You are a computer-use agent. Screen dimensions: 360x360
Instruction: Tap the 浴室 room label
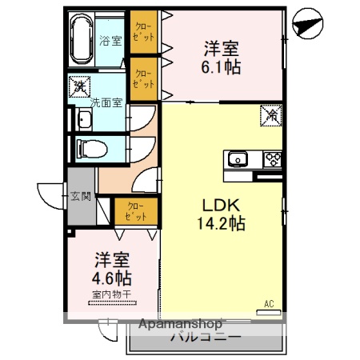coord(110,40)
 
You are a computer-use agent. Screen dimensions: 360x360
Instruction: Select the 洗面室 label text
coord(105,102)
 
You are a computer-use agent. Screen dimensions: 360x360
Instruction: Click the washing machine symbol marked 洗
coord(80,84)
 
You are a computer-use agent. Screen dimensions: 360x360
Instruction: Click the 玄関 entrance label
coord(81,196)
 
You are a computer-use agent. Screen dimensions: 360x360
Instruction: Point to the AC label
coord(270,303)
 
